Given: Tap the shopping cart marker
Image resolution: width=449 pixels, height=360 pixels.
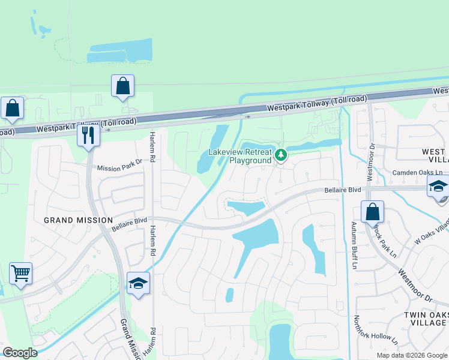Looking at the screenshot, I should click(x=20, y=274).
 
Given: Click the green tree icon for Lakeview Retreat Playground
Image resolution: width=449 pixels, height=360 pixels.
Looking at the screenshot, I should click(x=280, y=156).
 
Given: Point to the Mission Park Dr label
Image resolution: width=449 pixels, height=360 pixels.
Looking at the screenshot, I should click(x=119, y=169).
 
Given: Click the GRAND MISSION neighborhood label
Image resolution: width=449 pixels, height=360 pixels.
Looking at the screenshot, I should click(x=79, y=220).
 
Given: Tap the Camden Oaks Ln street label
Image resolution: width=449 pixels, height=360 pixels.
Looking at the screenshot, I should click(x=417, y=173).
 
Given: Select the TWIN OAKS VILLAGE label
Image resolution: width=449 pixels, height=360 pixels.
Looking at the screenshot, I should click(x=425, y=319).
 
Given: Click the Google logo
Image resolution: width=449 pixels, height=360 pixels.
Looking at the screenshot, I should click(x=20, y=353).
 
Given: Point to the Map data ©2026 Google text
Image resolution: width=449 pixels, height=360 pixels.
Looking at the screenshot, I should click(x=411, y=355).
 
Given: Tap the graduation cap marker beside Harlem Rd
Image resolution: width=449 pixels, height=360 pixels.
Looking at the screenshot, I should click(x=138, y=283).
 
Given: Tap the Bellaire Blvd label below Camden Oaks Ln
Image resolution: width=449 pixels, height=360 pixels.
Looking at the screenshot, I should click(x=343, y=190).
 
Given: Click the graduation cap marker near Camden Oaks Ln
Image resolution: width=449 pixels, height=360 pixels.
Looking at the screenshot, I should click(x=438, y=187).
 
